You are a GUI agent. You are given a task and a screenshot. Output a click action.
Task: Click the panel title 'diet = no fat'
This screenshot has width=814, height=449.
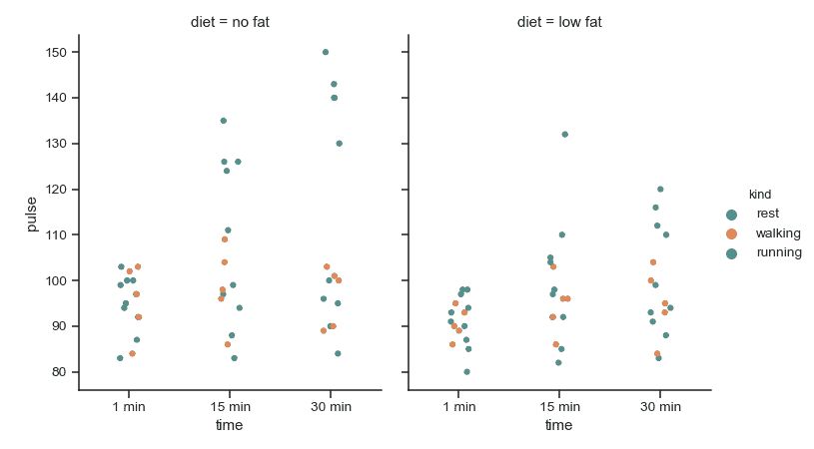pyautogui.click(x=230, y=22)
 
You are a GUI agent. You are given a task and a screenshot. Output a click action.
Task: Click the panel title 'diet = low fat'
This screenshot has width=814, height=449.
pyautogui.click(x=559, y=22)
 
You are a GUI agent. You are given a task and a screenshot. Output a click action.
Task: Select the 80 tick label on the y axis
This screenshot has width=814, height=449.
pyautogui.click(x=57, y=372)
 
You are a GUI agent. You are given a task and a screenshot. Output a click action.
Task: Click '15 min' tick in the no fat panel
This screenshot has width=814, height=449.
pyautogui.click(x=230, y=407)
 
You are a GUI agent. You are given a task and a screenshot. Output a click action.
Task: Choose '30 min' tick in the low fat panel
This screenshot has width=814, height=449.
pyautogui.click(x=660, y=407)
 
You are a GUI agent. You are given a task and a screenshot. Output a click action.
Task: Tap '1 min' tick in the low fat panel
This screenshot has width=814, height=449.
pyautogui.click(x=458, y=407)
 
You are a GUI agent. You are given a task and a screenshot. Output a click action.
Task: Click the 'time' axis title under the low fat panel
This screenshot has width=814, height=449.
pyautogui.click(x=559, y=426)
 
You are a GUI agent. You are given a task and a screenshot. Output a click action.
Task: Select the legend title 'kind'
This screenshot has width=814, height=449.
pyautogui.click(x=759, y=195)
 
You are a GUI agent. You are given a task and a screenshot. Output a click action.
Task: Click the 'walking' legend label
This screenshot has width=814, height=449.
pyautogui.click(x=777, y=233)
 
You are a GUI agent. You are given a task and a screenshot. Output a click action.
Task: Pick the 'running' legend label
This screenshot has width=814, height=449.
pyautogui.click(x=778, y=253)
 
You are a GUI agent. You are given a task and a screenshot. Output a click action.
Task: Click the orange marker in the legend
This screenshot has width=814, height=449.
pyautogui.click(x=732, y=233)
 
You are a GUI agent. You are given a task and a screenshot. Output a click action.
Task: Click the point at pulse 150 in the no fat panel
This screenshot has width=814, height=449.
pyautogui.click(x=326, y=52)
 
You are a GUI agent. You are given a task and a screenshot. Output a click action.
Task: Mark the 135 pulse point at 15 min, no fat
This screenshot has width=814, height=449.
pyautogui.click(x=223, y=121)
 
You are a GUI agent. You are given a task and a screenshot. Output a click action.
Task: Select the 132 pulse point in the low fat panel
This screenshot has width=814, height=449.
pyautogui.click(x=564, y=135)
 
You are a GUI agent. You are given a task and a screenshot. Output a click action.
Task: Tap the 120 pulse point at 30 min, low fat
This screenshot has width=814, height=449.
pyautogui.click(x=660, y=190)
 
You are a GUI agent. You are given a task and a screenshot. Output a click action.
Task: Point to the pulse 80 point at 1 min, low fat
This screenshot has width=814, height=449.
pyautogui.click(x=466, y=372)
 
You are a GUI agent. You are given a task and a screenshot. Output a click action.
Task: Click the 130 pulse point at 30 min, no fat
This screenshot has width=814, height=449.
pyautogui.click(x=339, y=144)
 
